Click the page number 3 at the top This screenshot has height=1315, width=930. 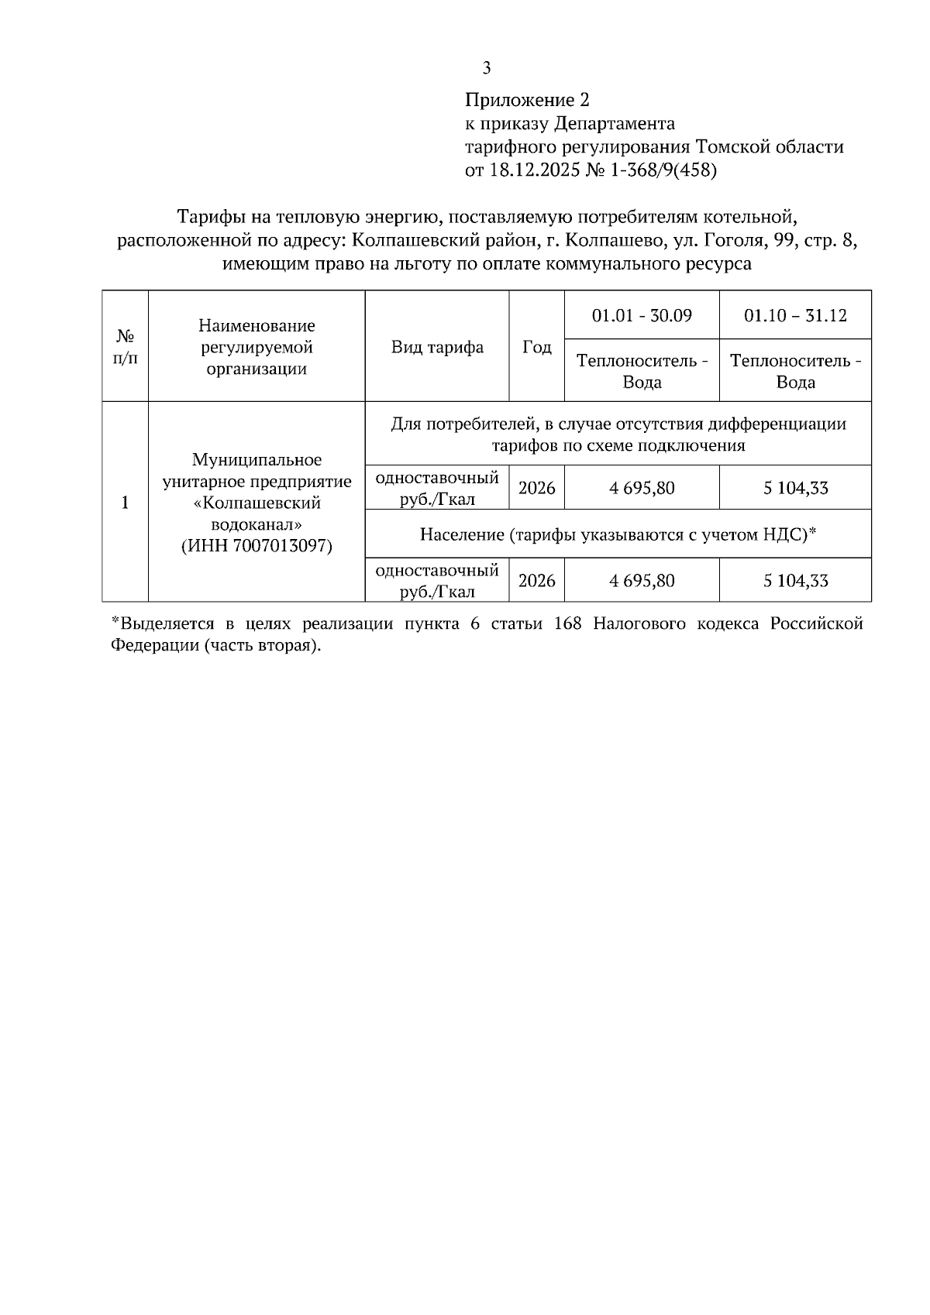coord(486,68)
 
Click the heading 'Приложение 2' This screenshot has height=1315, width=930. coord(527,100)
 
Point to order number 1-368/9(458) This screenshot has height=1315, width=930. coord(664,170)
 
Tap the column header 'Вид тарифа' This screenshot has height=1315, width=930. coord(437,347)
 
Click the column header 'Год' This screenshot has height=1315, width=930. coord(537,347)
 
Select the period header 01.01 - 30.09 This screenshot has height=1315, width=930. coord(642,316)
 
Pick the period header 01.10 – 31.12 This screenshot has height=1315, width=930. coord(795,316)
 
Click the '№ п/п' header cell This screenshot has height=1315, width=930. coord(126,347)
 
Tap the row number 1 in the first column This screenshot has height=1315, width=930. coord(126,503)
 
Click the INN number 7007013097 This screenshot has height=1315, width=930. coord(281,546)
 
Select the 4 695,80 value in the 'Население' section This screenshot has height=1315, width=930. coord(642,581)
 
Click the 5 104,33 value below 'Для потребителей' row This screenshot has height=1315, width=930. coord(795,488)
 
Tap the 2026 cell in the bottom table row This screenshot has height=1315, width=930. coord(537,581)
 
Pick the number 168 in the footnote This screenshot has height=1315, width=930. coord(568,624)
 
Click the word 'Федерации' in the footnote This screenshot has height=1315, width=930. coord(154,646)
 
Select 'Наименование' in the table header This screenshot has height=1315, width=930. coord(257,325)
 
